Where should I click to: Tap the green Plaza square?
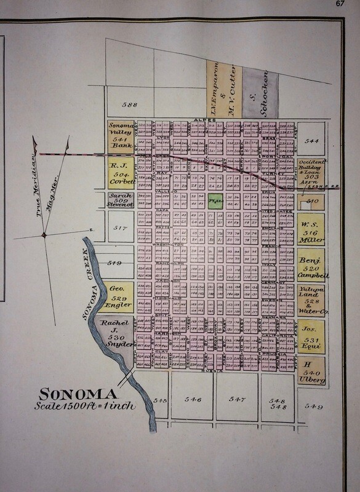click(215, 200)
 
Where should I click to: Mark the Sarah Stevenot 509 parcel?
click(121, 199)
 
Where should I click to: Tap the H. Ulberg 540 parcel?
click(311, 371)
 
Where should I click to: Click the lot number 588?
click(129, 105)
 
